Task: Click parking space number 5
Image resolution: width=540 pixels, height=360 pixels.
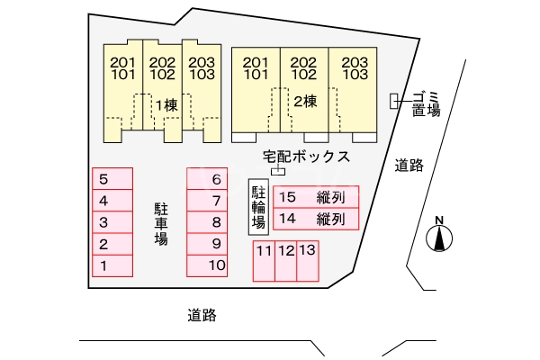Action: [x=112, y=179]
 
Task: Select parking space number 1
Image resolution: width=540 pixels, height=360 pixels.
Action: [x=112, y=265]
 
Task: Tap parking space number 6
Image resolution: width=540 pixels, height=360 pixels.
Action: [x=207, y=179]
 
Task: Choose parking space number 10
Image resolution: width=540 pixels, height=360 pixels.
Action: [x=207, y=265]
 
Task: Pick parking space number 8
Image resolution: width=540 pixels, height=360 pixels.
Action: [x=207, y=222]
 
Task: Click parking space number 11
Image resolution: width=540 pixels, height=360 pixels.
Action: [x=263, y=261]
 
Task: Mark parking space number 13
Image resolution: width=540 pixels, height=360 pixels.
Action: [x=308, y=261]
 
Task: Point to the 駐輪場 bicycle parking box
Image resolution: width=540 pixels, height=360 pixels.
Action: [x=258, y=206]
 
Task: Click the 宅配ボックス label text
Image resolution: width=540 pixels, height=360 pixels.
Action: [x=306, y=157]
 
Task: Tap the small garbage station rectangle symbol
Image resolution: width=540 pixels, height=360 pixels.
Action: [x=393, y=102]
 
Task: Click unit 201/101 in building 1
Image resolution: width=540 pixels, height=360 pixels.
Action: [x=122, y=68]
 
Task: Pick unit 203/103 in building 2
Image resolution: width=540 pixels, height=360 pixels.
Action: [x=355, y=68]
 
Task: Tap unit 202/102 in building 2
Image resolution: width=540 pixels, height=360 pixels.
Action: [x=305, y=68]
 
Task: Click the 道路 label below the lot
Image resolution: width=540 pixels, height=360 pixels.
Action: [x=202, y=316]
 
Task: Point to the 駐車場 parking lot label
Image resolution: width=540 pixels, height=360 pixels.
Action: [x=160, y=223]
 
